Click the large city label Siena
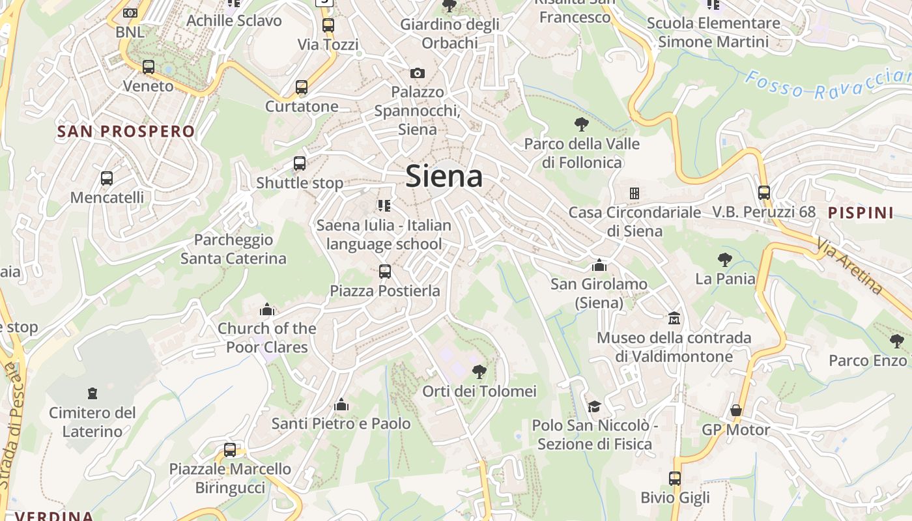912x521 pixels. click(x=444, y=176)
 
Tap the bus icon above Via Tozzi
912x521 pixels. click(x=328, y=25)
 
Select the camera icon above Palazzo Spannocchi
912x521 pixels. click(x=417, y=73)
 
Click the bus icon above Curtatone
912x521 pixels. click(x=301, y=87)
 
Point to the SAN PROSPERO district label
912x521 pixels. click(x=126, y=132)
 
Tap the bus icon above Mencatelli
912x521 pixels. click(x=106, y=178)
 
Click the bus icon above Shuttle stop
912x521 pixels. click(x=300, y=163)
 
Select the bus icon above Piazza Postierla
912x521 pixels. click(x=385, y=271)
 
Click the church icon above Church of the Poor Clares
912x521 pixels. click(x=267, y=309)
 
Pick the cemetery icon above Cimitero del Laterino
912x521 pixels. click(x=93, y=393)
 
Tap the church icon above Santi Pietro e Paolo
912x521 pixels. click(x=341, y=404)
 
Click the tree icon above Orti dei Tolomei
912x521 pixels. click(x=479, y=372)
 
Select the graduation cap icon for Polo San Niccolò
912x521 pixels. click(x=593, y=406)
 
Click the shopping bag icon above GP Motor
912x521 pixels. click(x=736, y=410)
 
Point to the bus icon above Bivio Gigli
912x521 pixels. click(x=675, y=479)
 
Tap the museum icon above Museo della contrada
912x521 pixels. click(x=674, y=318)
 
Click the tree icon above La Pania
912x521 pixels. click(x=724, y=260)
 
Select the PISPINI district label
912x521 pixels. click(x=861, y=212)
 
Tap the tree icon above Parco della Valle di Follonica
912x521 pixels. click(x=582, y=124)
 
